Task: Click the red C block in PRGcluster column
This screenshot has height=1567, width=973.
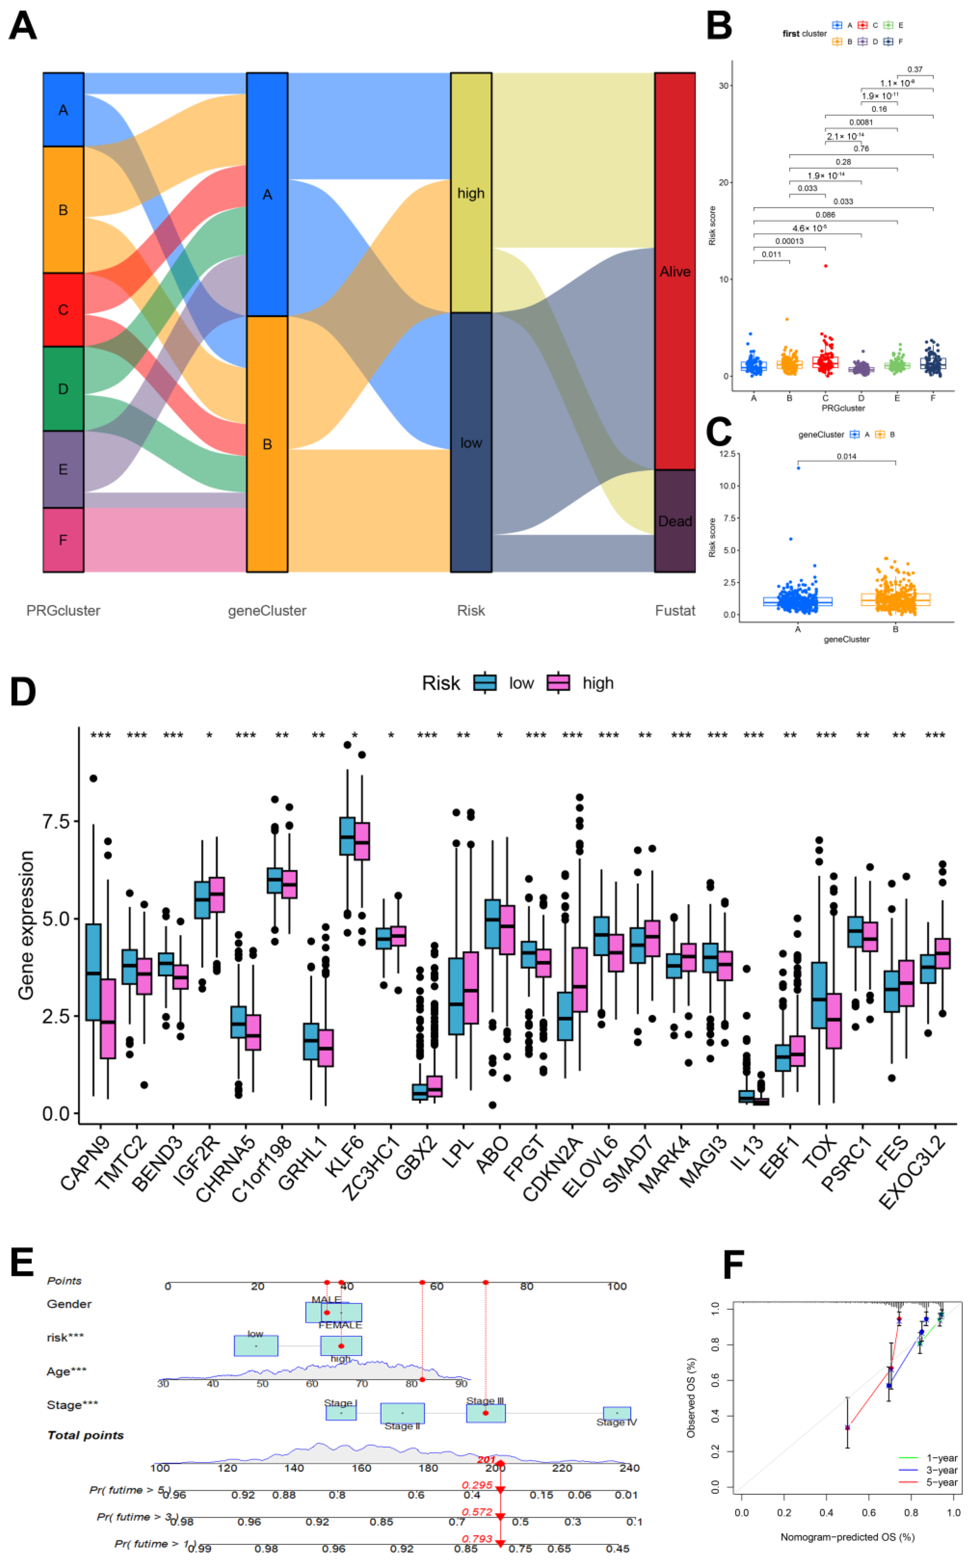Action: click(x=63, y=310)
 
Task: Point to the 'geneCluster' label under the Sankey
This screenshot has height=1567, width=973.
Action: click(x=267, y=611)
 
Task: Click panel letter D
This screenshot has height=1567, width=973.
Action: click(x=23, y=692)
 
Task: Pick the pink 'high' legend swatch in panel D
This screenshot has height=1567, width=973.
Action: click(x=558, y=683)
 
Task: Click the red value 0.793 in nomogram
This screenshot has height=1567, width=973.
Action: click(x=477, y=1539)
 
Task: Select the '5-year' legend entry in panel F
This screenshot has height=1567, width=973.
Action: click(x=942, y=1482)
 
